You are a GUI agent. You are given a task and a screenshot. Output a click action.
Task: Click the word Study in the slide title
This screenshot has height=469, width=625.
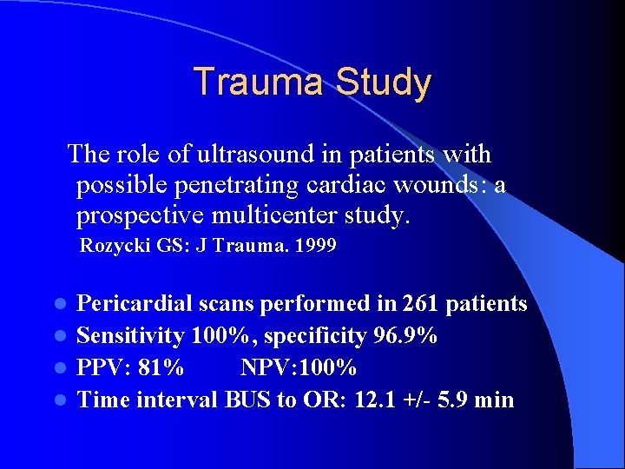[383, 83]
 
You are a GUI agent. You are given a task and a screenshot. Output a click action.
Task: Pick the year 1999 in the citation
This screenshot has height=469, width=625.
[316, 246]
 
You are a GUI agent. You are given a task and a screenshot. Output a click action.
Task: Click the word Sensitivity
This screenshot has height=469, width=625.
[130, 336]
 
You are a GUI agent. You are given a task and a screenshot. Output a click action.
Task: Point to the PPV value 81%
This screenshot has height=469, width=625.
[161, 368]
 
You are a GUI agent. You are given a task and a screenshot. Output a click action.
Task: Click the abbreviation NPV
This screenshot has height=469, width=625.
[263, 368]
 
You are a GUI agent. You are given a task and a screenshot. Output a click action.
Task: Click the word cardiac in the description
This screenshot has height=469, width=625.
[421, 186]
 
